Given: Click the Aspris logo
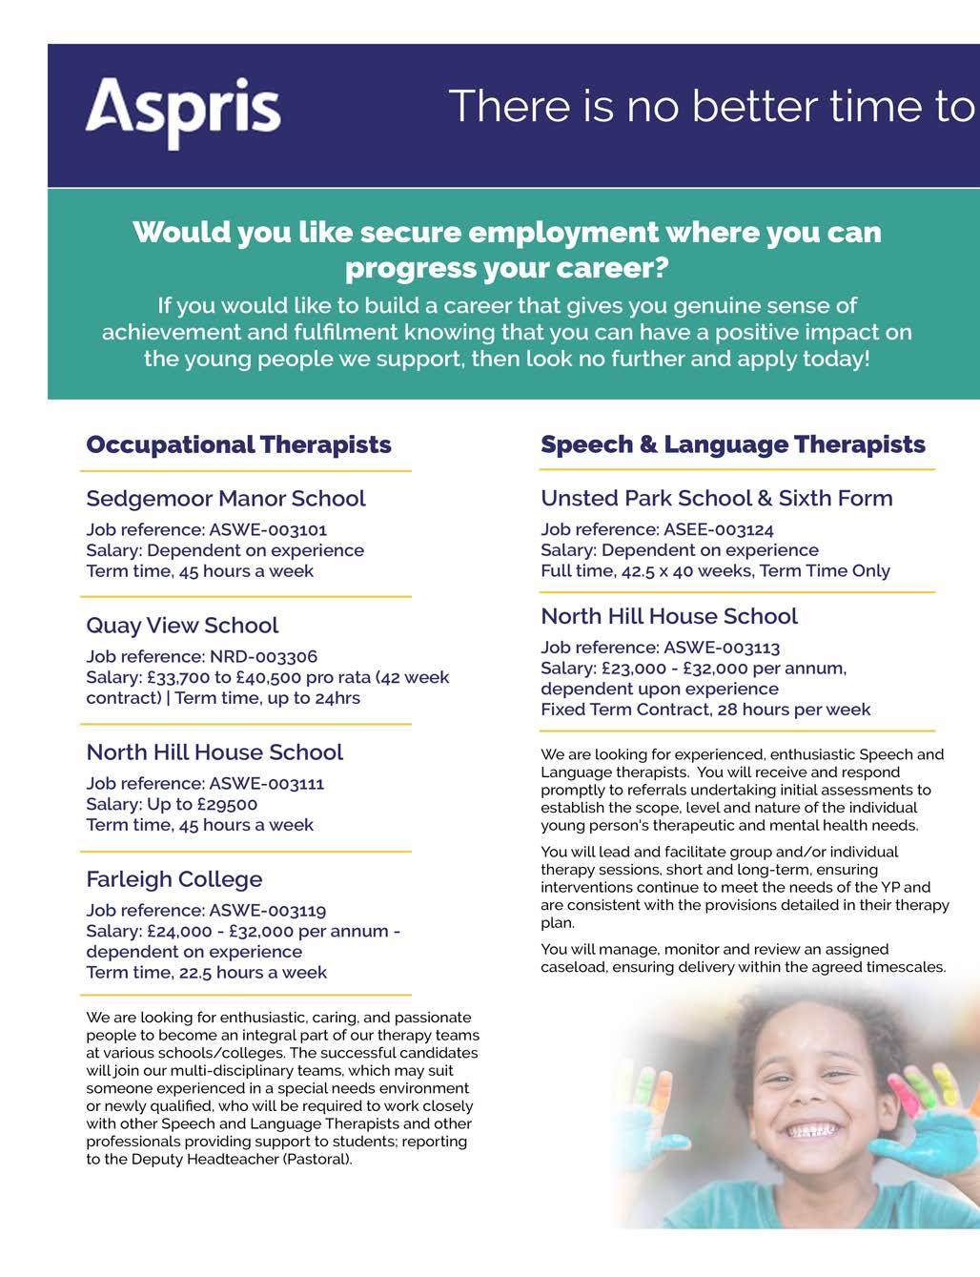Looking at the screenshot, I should tap(183, 112).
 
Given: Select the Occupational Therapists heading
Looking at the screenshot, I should tap(238, 444).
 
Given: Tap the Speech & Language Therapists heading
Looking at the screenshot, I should tap(732, 444).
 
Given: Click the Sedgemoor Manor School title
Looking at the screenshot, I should tap(225, 499).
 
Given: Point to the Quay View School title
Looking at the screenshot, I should tap(182, 626).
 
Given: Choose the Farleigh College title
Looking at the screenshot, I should tap(174, 879).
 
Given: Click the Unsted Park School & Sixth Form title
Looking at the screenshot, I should tap(716, 498).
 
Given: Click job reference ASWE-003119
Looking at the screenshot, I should tap(268, 910).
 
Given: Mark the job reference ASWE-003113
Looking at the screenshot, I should tap(722, 648).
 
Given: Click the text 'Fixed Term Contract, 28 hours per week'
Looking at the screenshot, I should tap(704, 710).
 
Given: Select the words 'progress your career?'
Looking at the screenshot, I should tap(506, 268).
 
